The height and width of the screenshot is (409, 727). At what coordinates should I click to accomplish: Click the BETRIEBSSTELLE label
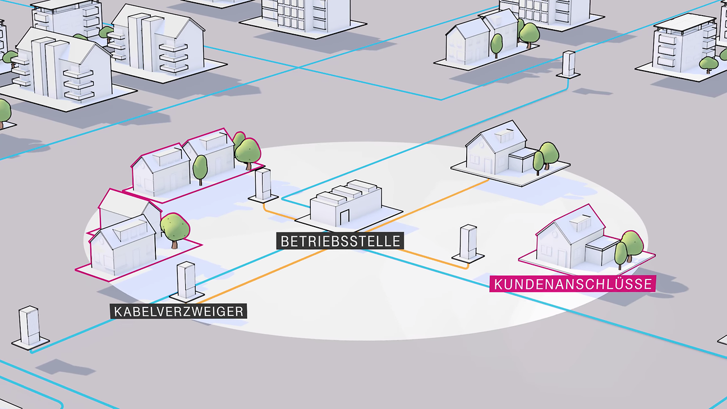coord(340,241)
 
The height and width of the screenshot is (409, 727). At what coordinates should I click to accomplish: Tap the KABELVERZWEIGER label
coord(179,311)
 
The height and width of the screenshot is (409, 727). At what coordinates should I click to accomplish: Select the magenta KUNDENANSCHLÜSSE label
coord(573,284)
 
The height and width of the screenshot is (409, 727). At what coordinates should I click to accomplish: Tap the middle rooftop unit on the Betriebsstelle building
coord(350,192)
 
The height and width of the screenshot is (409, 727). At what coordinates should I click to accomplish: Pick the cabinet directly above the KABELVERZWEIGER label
coord(186,280)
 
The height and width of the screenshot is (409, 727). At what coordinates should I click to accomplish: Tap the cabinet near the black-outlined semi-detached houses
coord(568,63)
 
